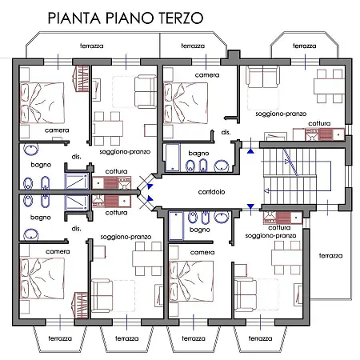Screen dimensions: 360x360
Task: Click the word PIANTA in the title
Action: (x=74, y=18)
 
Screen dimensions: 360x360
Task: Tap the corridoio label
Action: (x=211, y=192)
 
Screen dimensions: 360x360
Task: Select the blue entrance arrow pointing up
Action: (x=250, y=151)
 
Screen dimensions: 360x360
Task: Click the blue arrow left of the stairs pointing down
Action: (x=250, y=206)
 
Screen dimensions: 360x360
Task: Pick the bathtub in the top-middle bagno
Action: (x=173, y=158)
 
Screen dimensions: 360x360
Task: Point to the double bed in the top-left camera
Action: (x=42, y=103)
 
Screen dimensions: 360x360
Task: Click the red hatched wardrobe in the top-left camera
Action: (x=81, y=78)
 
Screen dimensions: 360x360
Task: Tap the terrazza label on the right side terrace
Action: (x=330, y=255)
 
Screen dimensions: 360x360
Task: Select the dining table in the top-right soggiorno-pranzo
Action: (x=330, y=86)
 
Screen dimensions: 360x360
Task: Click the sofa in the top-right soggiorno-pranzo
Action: (x=263, y=77)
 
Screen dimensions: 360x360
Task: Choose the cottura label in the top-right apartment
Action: (x=319, y=123)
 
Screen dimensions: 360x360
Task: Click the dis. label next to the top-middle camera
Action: (x=226, y=132)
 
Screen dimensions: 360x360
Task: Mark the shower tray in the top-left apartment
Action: (x=77, y=182)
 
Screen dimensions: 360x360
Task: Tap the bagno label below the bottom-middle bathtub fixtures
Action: (x=200, y=230)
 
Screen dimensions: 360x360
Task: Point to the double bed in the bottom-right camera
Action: (x=191, y=282)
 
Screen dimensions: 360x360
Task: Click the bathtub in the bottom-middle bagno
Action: (x=176, y=226)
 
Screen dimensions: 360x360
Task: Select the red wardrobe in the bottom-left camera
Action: (x=81, y=305)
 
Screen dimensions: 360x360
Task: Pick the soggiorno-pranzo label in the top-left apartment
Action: (x=125, y=152)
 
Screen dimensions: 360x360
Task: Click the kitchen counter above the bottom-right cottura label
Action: (x=282, y=218)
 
